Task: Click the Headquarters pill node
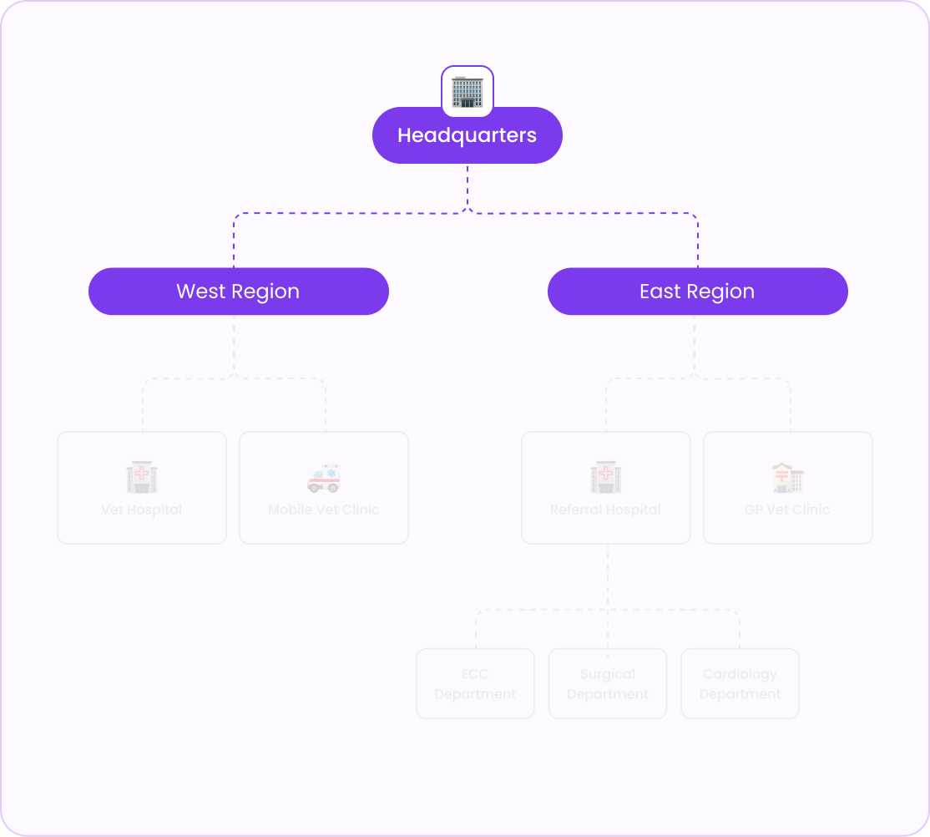pos(467,135)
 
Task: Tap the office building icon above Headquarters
pos(468,91)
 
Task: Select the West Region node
pos(238,292)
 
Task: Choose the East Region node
pos(697,292)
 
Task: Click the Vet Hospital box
pos(142,488)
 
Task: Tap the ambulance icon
pos(324,477)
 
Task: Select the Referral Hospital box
pos(606,488)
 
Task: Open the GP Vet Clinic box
pos(788,488)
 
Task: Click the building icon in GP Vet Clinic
pos(787,477)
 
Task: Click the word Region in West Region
pos(267,292)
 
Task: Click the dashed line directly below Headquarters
pos(468,185)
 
